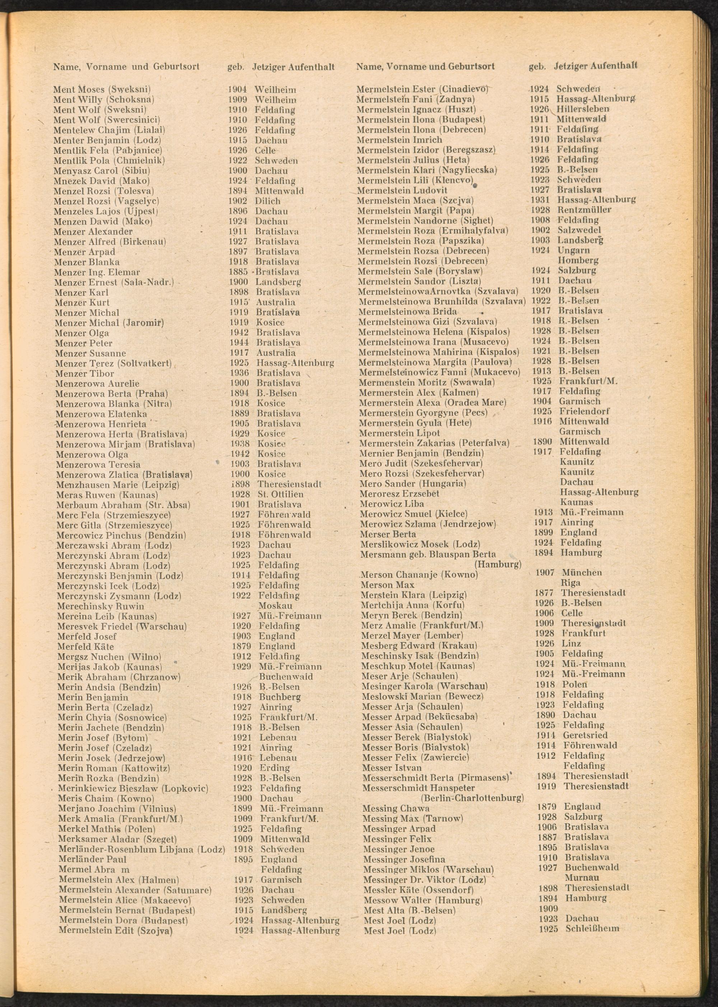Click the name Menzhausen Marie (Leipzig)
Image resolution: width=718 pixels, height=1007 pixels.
(118, 485)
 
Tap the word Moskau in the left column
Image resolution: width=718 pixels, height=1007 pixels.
(275, 606)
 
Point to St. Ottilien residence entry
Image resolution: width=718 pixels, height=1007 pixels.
(280, 495)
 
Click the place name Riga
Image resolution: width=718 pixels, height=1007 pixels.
(570, 583)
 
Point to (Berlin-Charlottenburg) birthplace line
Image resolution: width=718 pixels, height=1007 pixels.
(472, 798)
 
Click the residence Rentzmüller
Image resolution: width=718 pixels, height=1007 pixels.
(584, 210)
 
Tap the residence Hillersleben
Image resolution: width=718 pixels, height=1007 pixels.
(582, 109)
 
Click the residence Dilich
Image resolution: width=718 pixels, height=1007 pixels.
(267, 201)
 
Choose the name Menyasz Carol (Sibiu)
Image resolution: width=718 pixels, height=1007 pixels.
(102, 170)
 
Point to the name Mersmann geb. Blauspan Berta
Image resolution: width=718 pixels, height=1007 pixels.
(428, 554)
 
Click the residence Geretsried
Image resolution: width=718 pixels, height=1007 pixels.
(585, 735)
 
